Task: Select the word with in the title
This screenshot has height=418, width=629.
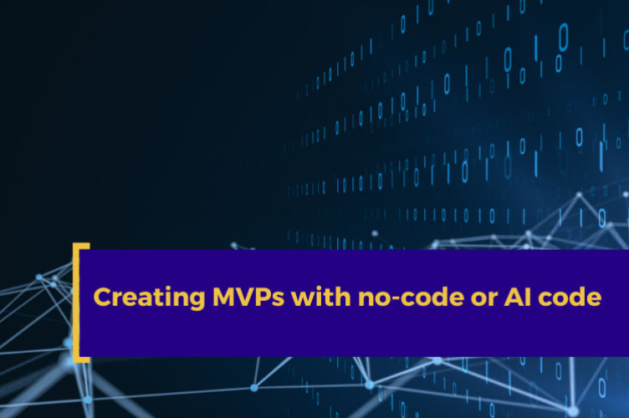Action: (x=310, y=297)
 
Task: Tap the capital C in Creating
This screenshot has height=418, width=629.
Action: (x=101, y=297)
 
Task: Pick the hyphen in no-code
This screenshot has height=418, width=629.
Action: (x=380, y=299)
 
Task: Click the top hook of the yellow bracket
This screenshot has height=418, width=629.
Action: (x=82, y=247)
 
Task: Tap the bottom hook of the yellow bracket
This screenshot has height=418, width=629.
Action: (x=82, y=359)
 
